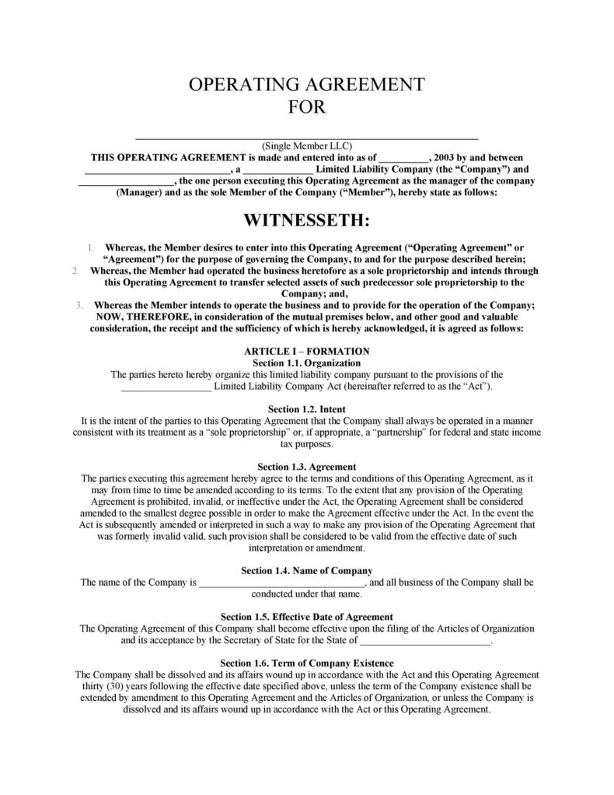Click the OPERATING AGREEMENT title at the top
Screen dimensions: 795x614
(306, 84)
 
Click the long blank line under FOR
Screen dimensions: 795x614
(306, 137)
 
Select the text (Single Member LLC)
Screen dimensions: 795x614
(306, 145)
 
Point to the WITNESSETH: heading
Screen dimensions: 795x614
(306, 221)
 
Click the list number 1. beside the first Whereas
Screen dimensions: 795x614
(91, 248)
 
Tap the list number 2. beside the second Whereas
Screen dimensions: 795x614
(75, 271)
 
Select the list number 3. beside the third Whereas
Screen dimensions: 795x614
(79, 305)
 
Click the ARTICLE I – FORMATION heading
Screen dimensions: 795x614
(306, 352)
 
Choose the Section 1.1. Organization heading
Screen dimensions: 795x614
(306, 362)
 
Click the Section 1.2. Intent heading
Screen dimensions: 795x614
(306, 409)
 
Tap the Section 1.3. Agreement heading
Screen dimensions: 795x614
(306, 467)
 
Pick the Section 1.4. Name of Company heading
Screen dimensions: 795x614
(306, 570)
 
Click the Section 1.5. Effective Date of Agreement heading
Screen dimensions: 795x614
(306, 617)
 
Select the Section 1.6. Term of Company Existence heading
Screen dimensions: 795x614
(306, 663)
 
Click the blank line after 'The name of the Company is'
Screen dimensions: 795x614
(281, 583)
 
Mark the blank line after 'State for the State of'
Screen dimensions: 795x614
(426, 643)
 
